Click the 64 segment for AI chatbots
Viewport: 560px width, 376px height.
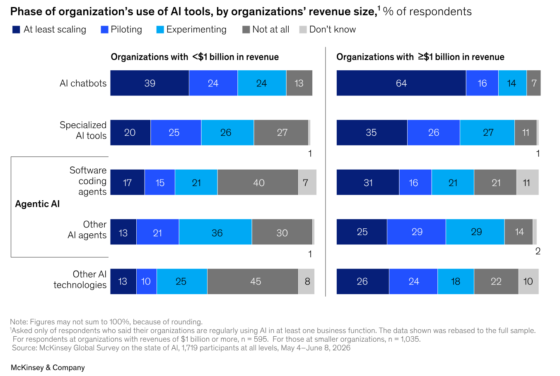pos(401,83)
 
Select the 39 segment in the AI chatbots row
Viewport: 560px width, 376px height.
pos(150,83)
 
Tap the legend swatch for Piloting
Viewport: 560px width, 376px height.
pos(104,29)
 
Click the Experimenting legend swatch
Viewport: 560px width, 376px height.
pos(160,29)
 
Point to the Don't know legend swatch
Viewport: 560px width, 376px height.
pos(303,29)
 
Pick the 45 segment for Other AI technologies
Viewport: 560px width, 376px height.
pos(253,281)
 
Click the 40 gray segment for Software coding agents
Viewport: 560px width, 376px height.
pos(258,182)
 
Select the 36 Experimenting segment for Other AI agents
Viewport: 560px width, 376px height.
pos(215,232)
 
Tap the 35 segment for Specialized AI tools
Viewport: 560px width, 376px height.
pos(372,133)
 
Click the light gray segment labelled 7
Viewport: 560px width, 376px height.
pos(307,182)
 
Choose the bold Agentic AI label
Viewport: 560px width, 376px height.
pos(38,204)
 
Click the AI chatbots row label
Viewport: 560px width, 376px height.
pos(83,83)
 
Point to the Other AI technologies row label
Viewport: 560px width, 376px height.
pos(80,279)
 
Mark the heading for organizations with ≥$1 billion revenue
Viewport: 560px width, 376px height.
pos(420,57)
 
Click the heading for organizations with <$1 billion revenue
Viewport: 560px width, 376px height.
pos(195,57)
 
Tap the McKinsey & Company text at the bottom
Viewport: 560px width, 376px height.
pos(48,367)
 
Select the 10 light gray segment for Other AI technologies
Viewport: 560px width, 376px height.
pos(529,281)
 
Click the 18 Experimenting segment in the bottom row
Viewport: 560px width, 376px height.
pos(456,281)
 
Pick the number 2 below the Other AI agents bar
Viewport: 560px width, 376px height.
pos(538,251)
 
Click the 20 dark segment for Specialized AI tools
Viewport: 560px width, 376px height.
pos(130,133)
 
